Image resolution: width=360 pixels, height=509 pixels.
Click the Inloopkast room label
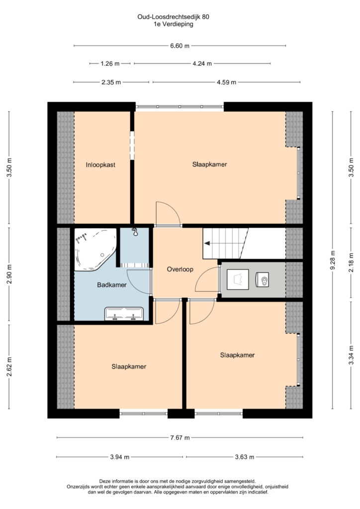click(x=100, y=165)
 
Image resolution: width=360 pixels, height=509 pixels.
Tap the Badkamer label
click(x=112, y=285)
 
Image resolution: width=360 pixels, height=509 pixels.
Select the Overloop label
click(x=180, y=269)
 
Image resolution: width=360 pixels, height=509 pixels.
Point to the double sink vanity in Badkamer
click(x=124, y=314)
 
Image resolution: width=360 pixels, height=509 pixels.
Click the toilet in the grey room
click(x=263, y=279)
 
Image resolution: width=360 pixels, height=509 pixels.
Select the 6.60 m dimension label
click(x=180, y=46)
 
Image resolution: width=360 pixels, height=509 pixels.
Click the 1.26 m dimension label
click(x=110, y=64)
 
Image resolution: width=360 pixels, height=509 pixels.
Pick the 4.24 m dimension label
click(x=202, y=64)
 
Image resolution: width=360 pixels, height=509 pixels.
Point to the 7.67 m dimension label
click(x=180, y=437)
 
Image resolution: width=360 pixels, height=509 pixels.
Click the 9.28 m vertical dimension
click(x=333, y=260)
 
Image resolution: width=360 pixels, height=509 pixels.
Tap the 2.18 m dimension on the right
click(x=351, y=262)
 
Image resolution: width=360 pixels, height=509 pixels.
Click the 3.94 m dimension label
click(x=119, y=457)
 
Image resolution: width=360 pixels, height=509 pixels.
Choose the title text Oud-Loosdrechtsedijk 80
click(x=173, y=16)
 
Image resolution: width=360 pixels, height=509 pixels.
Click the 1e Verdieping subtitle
click(x=174, y=24)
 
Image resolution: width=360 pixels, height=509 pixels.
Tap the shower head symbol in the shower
click(x=135, y=232)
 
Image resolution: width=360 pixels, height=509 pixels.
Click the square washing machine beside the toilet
click(x=238, y=279)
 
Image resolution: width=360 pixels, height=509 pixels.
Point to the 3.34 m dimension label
click(x=351, y=355)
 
